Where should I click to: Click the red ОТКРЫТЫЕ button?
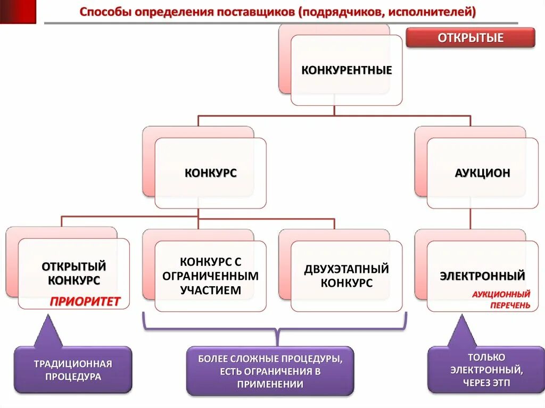point(470,38)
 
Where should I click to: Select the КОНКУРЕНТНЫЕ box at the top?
point(346,70)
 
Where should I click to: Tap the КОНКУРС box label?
point(211,173)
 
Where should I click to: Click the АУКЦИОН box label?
point(483,173)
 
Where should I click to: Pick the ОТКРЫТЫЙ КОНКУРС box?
point(74,272)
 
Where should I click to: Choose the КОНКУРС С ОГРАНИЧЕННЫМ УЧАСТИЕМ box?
point(210,276)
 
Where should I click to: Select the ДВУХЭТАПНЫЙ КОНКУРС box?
point(346,276)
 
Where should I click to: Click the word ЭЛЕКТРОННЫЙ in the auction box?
point(483,276)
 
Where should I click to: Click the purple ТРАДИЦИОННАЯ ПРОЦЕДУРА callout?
point(73,370)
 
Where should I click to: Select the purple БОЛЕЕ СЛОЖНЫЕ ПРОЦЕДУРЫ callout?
point(270,371)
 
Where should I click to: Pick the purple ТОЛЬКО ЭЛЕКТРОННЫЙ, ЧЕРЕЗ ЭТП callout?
point(486,370)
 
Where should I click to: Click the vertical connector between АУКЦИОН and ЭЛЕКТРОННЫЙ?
point(470,219)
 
